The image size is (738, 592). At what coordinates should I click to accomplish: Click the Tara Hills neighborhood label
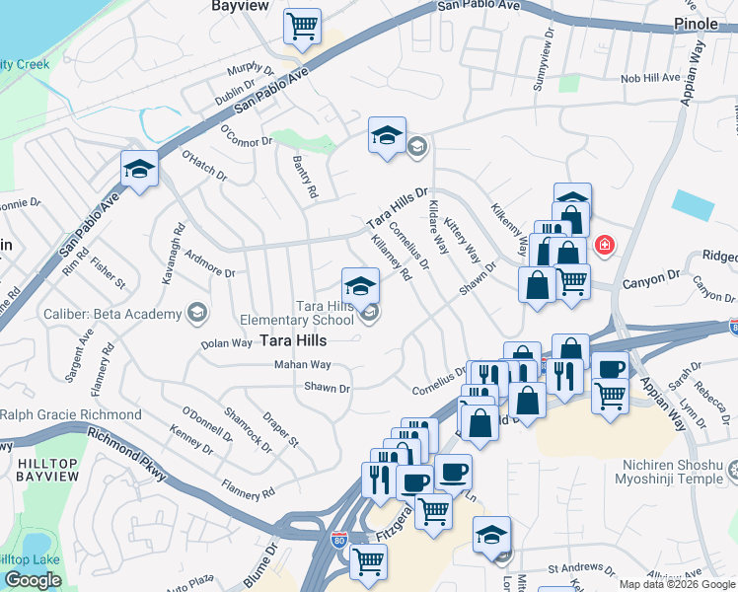(x=293, y=340)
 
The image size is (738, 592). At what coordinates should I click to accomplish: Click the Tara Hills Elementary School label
(x=298, y=313)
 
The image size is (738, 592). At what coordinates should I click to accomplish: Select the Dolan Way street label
(x=227, y=342)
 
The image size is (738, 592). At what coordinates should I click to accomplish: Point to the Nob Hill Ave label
(x=650, y=78)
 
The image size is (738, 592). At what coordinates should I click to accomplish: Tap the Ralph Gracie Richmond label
(x=70, y=415)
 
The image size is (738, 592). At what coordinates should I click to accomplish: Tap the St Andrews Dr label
(x=581, y=569)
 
